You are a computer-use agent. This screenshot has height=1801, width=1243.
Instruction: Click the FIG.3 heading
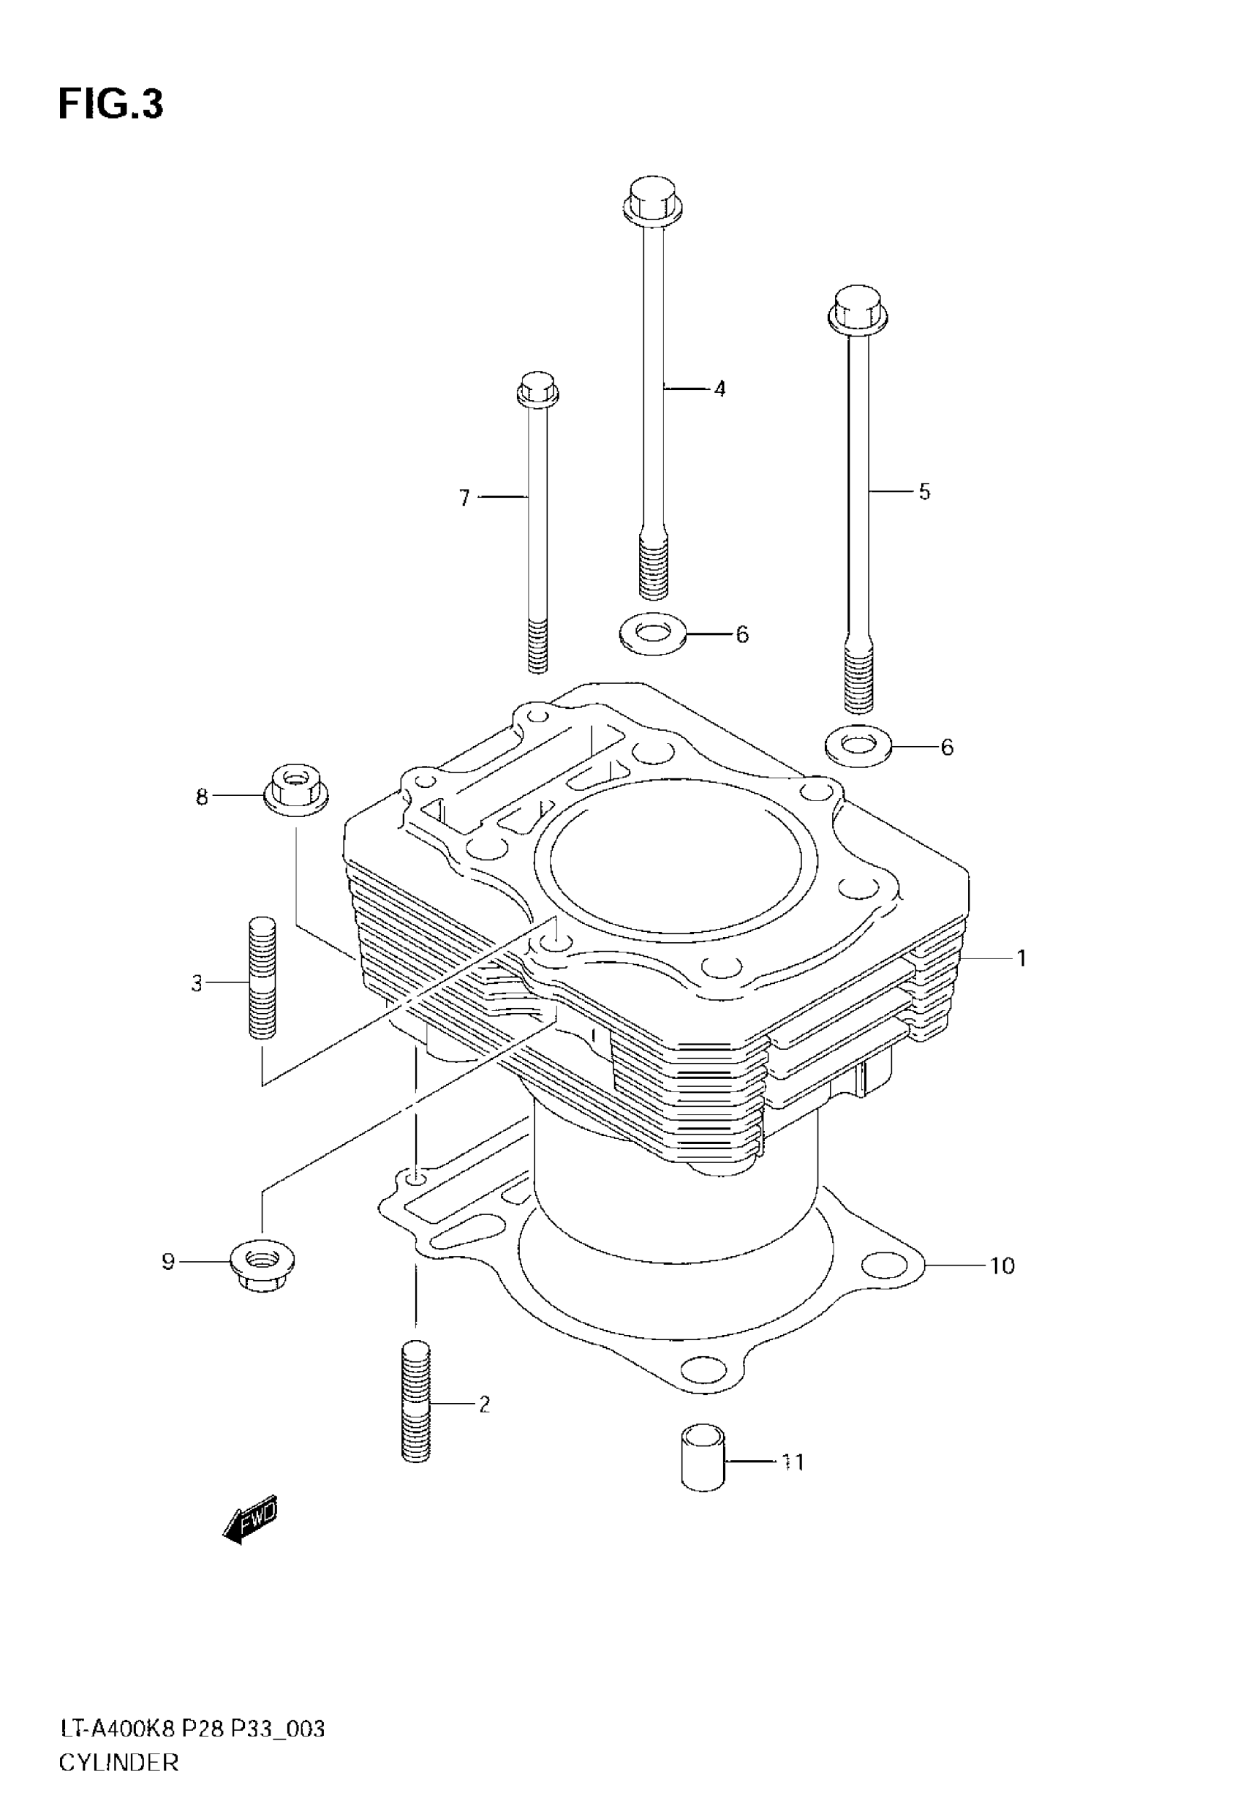[x=110, y=105]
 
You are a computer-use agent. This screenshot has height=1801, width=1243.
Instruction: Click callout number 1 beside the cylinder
[x=1021, y=958]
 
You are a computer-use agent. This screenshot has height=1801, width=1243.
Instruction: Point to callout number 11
[x=793, y=1462]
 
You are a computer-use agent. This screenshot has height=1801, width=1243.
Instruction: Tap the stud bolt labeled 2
[x=417, y=1402]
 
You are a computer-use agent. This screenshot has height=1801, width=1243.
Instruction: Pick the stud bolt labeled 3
[x=262, y=977]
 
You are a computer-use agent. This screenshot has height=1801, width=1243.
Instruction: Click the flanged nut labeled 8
[x=297, y=790]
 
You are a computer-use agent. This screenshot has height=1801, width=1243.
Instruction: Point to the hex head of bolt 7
[x=537, y=388]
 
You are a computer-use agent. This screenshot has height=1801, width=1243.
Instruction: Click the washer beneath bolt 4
[x=653, y=633]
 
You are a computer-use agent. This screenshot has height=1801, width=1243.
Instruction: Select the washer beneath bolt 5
[x=858, y=745]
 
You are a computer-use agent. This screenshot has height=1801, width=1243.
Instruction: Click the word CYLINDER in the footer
[x=119, y=1761]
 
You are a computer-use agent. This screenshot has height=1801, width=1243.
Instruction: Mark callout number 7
[x=464, y=497]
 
